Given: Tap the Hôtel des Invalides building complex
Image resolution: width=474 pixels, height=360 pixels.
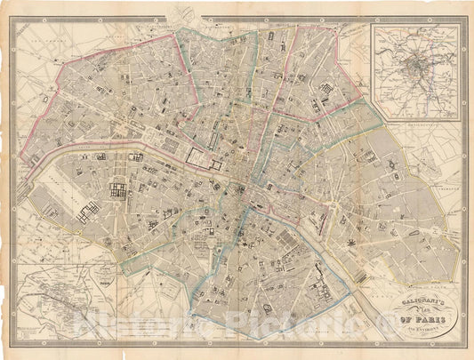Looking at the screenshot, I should tap(117, 188).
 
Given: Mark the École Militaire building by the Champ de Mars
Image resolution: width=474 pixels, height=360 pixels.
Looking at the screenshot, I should tap(88, 212).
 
